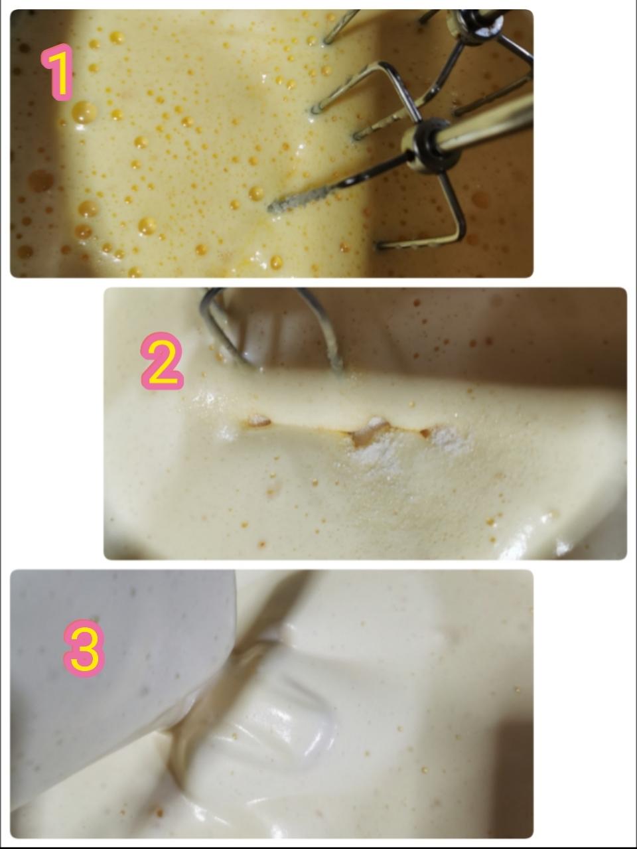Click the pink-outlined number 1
pos(58,72)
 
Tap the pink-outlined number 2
pos(161,360)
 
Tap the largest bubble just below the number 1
pos(84,112)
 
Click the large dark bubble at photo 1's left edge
pos(40,181)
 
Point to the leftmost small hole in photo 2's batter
pos(258,421)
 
